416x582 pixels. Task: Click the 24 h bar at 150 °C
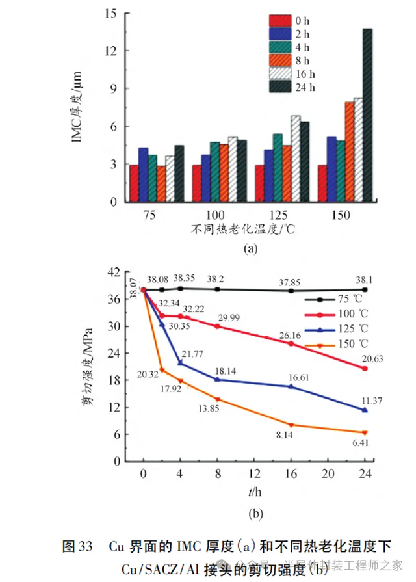pos(367,116)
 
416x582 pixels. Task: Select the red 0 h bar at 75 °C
pos(134,183)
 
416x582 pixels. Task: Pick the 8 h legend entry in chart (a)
pos(290,60)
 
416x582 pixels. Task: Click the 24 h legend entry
pos(291,87)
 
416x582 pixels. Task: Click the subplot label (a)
pos(250,248)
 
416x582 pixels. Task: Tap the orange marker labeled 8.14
pos(291,425)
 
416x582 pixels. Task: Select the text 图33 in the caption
pos(78,546)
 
